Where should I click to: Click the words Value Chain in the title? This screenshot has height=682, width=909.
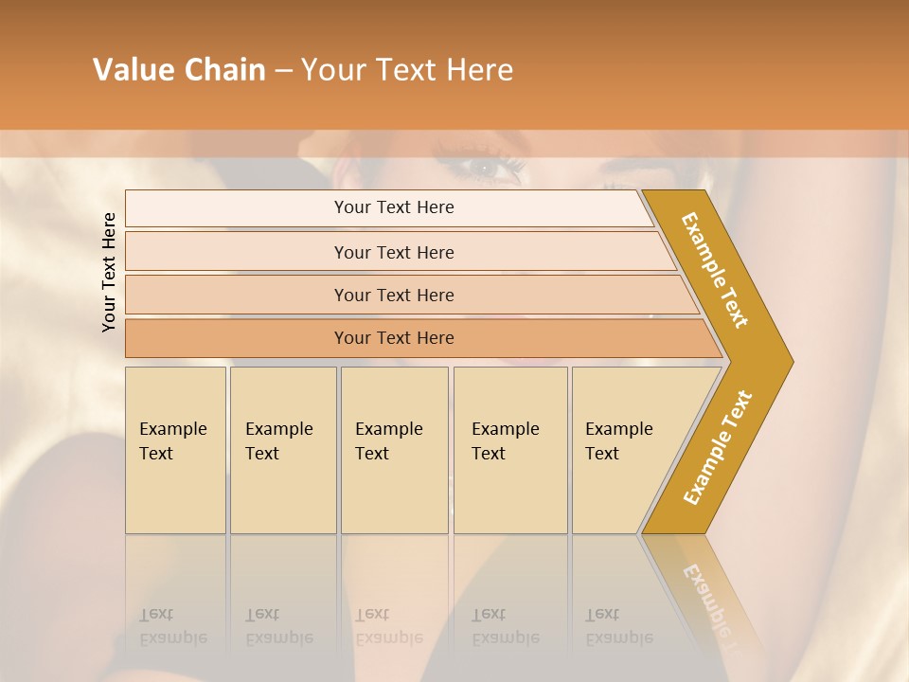click(179, 70)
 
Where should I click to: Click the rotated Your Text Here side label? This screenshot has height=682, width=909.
click(109, 272)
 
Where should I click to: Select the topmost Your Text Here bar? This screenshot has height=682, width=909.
click(393, 207)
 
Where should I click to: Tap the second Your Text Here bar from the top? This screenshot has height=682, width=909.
click(393, 252)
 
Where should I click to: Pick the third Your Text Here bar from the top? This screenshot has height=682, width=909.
click(393, 295)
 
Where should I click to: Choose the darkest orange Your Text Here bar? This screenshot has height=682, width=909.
click(393, 338)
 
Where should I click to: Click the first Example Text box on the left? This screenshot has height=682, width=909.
click(175, 450)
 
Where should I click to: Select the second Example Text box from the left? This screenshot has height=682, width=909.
click(283, 450)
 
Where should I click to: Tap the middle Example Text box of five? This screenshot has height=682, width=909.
click(394, 450)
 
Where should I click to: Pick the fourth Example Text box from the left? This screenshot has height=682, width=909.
click(510, 450)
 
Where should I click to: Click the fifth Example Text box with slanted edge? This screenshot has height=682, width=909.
click(625, 450)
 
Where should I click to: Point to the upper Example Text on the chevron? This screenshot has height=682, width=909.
click(716, 270)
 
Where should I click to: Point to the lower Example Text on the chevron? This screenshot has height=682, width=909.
click(718, 447)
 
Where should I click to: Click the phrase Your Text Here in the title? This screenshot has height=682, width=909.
click(407, 70)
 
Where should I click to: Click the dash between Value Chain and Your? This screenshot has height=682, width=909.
click(283, 71)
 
